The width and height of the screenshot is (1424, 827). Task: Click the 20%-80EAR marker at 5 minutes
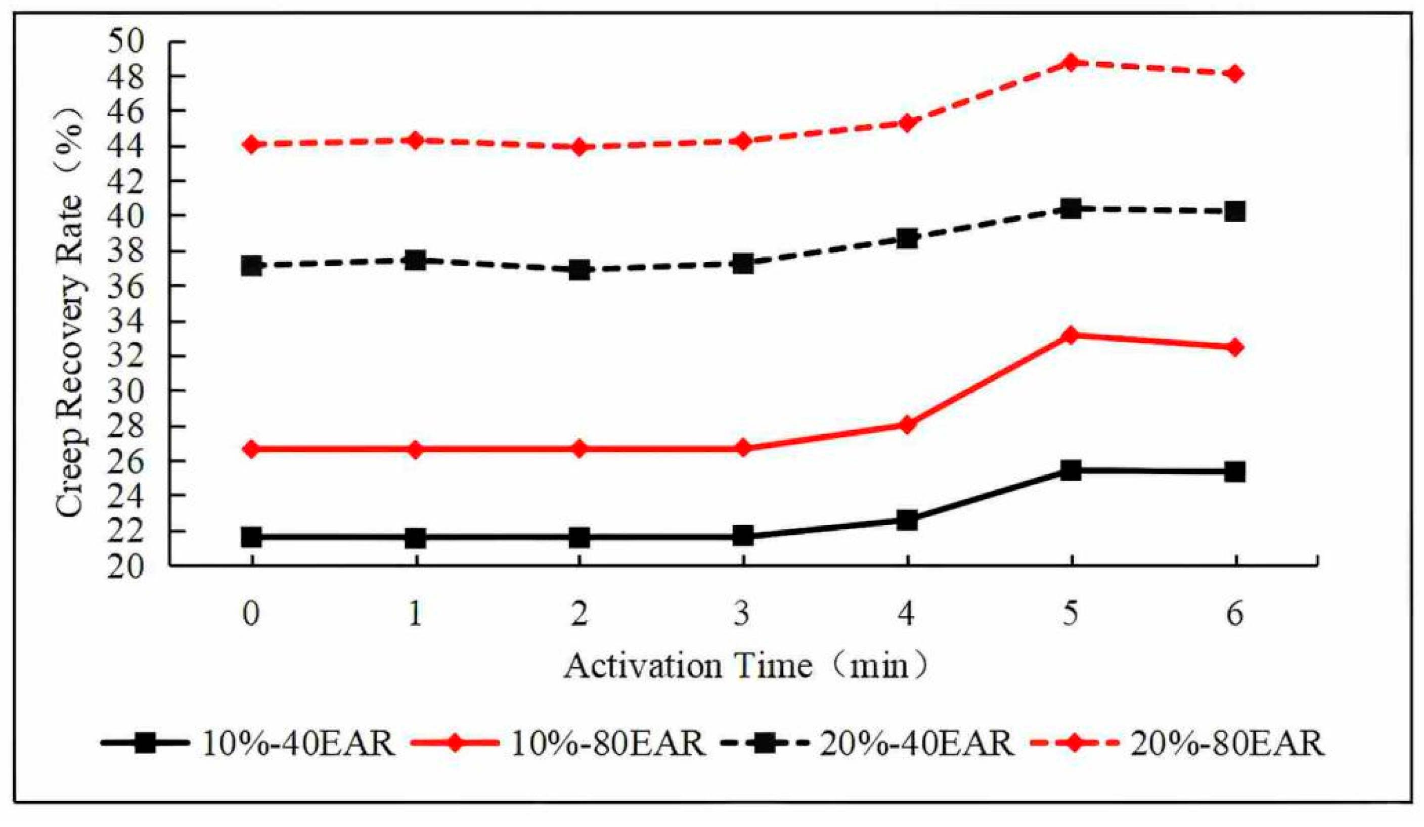coord(1070,62)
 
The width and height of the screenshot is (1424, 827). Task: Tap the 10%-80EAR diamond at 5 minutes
coord(1070,336)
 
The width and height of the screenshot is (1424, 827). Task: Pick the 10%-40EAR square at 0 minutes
coord(251,537)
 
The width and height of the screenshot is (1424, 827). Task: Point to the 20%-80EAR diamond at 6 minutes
coord(1235,73)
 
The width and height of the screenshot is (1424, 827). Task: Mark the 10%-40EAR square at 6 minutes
coord(1235,471)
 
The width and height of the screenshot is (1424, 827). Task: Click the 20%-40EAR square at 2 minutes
coord(579,269)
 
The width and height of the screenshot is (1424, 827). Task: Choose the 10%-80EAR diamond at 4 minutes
coord(907,424)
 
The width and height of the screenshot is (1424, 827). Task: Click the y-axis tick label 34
coord(126,322)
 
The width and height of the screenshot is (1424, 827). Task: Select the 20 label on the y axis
coord(126,567)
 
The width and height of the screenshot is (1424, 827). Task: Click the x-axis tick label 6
coord(1235,614)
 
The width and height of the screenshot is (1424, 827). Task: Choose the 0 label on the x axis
coord(251,614)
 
